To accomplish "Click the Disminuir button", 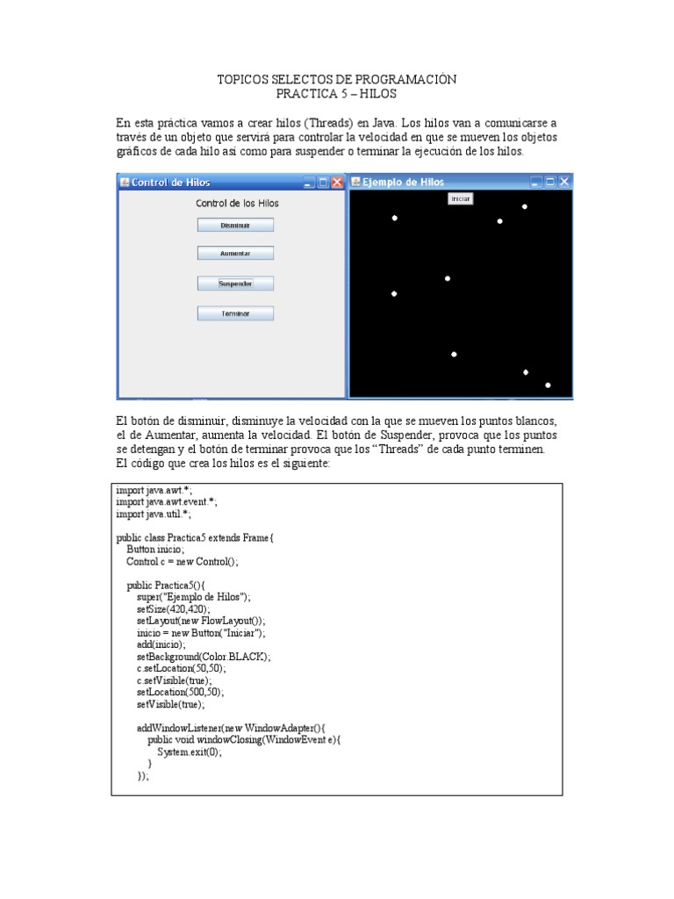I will point(235,225).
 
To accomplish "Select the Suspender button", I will point(235,284).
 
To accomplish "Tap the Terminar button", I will point(235,313).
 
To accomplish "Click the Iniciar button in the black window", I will point(461,199).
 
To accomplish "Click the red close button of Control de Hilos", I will point(337,183).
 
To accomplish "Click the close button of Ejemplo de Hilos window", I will point(564,183).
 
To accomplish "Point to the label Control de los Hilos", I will point(237,203).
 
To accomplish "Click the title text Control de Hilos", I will point(170,183).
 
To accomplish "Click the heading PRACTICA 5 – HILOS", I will point(337,93).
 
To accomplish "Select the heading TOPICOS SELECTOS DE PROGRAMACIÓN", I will point(337,80).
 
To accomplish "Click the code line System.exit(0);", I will point(190,752).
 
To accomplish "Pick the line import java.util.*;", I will point(154,514).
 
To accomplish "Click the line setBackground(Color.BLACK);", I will point(204,656).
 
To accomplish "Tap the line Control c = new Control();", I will point(182,561).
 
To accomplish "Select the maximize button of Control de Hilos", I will point(323,183).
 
